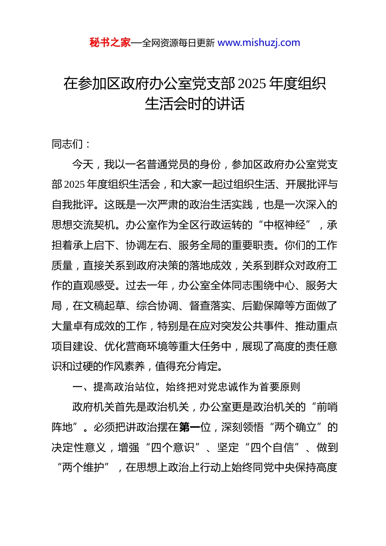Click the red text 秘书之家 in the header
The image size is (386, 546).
pyautogui.click(x=110, y=43)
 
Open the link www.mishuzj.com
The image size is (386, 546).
pyautogui.click(x=259, y=43)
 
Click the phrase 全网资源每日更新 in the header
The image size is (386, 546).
pyautogui.click(x=178, y=43)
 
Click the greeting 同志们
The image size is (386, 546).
pyautogui.click(x=67, y=144)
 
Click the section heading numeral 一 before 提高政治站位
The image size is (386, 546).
pyautogui.click(x=78, y=387)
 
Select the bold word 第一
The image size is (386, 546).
pyautogui.click(x=189, y=427)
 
